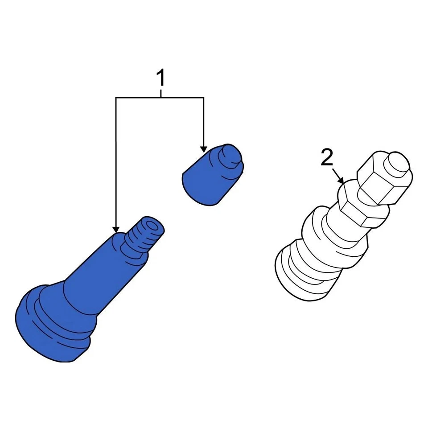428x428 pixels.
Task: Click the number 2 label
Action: pyautogui.click(x=327, y=158)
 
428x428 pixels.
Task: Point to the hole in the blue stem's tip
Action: pyautogui.click(x=152, y=225)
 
